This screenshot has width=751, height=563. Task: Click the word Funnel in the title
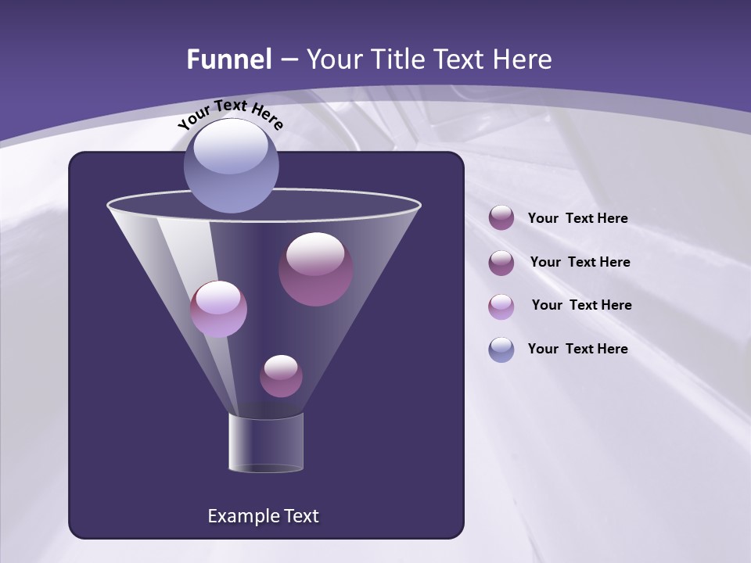[229, 59]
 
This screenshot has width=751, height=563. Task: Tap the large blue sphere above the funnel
[231, 165]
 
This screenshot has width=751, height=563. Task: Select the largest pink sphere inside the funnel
[315, 269]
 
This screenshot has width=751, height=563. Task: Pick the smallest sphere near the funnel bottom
[281, 376]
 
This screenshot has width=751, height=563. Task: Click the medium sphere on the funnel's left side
[218, 309]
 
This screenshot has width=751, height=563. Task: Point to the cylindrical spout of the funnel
[266, 443]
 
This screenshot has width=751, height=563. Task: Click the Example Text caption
[264, 516]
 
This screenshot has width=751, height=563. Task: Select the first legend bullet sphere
[501, 218]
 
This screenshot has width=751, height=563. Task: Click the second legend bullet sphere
[501, 263]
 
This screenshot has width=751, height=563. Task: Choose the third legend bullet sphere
[501, 306]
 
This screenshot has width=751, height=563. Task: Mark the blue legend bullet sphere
[501, 350]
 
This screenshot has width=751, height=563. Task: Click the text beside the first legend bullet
[577, 218]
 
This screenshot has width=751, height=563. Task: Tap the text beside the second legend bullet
[580, 262]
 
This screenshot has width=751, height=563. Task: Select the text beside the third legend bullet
[581, 305]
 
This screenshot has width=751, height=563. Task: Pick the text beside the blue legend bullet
[577, 349]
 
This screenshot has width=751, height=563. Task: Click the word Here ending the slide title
[524, 59]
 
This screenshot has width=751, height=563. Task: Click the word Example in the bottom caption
[241, 516]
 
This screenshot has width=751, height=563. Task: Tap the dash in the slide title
[288, 59]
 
